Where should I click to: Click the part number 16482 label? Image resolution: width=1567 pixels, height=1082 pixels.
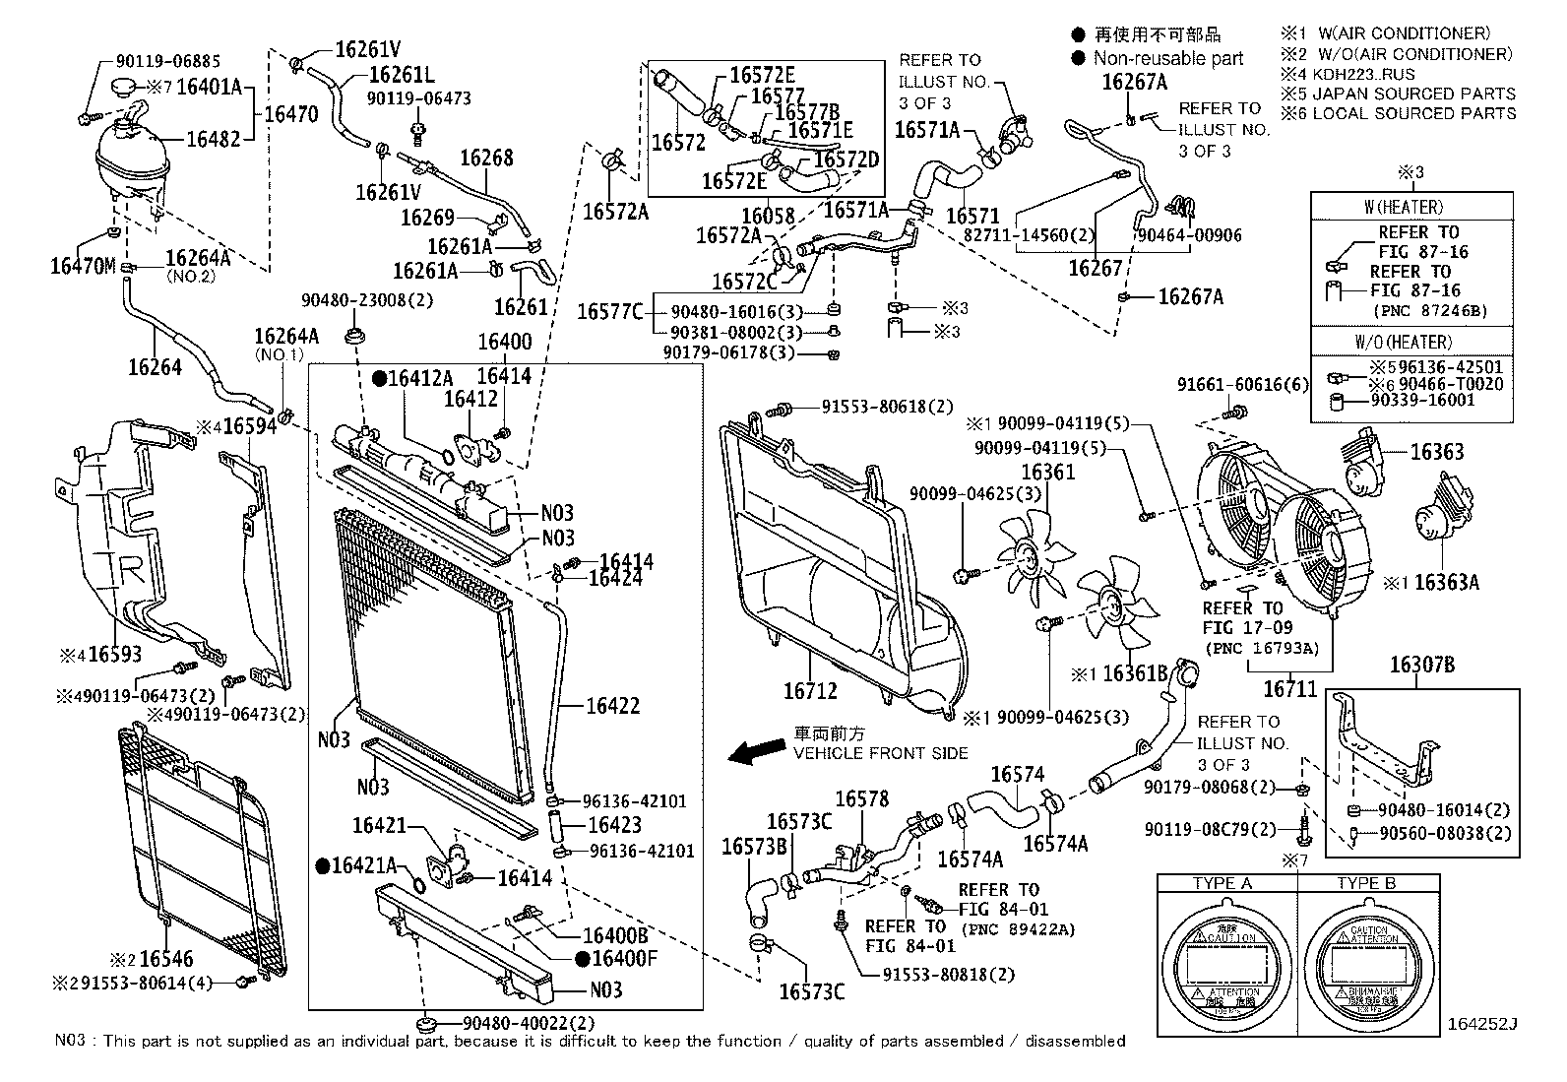click(x=214, y=139)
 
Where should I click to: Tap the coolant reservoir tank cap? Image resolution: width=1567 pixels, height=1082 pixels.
click(x=126, y=88)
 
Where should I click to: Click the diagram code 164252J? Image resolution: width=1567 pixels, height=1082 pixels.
click(x=1482, y=1024)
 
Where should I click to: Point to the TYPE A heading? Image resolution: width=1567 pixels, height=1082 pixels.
click(x=1222, y=883)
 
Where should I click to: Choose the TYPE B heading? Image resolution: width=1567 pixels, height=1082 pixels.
click(x=1365, y=883)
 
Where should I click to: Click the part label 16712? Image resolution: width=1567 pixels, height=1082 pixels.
click(x=810, y=691)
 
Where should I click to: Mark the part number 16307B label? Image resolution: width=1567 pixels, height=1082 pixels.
click(x=1421, y=666)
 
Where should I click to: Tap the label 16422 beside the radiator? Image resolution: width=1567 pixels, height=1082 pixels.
click(x=613, y=705)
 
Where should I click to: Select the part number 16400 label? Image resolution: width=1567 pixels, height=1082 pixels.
click(x=504, y=343)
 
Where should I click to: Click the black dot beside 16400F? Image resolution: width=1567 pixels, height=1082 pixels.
click(x=584, y=958)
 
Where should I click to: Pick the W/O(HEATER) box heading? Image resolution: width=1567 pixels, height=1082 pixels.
click(x=1410, y=342)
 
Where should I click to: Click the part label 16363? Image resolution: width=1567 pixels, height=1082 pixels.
click(x=1437, y=452)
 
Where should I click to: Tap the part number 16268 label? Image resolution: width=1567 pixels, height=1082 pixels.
click(x=486, y=158)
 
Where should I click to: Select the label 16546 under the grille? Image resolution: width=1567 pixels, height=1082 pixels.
click(x=166, y=958)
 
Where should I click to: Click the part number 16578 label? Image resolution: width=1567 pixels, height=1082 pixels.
click(x=862, y=799)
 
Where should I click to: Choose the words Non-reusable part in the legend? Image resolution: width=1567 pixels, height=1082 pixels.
click(x=1168, y=59)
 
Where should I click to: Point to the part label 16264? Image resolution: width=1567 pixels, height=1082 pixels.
click(x=155, y=366)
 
